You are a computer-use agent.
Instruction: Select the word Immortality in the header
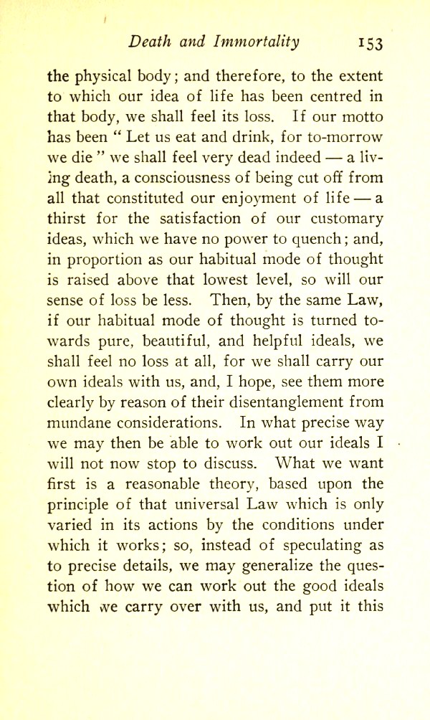[x=256, y=41]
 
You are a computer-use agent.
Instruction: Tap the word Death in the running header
[x=148, y=41]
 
